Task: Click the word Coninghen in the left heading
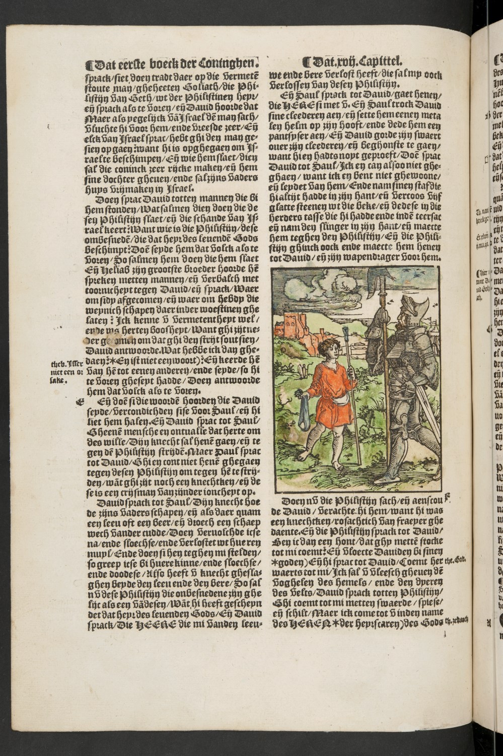click(x=231, y=64)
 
